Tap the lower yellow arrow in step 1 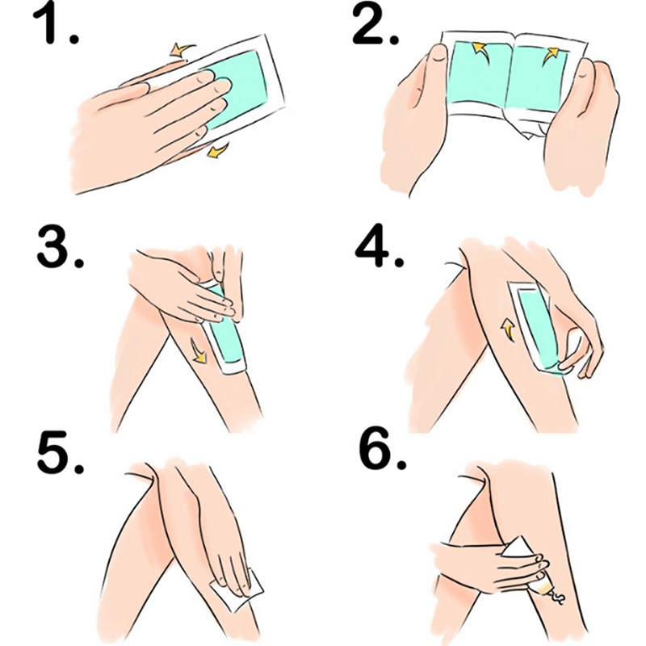point(217,150)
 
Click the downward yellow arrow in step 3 point(199,351)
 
